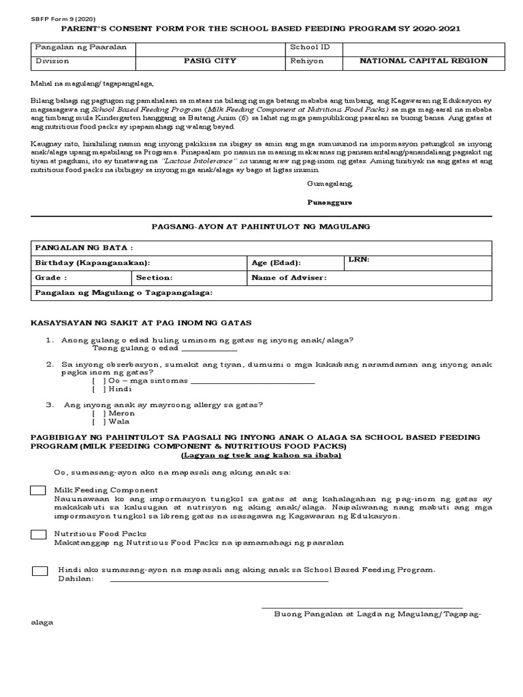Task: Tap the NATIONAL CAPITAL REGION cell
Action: point(424,61)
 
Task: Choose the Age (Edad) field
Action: point(276,263)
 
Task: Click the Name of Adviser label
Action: point(289,278)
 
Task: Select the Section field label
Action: point(155,278)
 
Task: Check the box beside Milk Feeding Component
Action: point(39,491)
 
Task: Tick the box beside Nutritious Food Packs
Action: point(39,535)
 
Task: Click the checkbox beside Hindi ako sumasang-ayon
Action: point(40,570)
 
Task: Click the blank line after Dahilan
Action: point(219,581)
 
